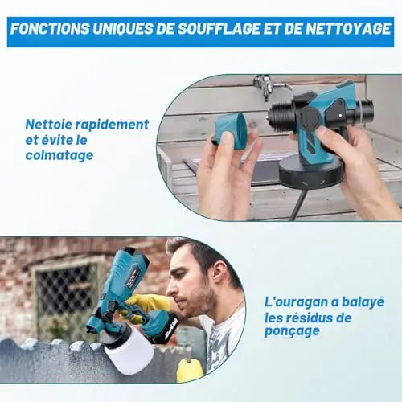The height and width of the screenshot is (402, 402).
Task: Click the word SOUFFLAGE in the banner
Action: click(219, 29)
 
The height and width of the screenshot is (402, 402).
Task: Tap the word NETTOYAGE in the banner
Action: click(348, 29)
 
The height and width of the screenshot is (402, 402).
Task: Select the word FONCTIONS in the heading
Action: click(50, 29)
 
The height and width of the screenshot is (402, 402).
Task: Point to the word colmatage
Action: click(59, 155)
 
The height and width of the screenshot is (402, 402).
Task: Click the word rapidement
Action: click(112, 125)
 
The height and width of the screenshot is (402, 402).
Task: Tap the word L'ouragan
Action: click(296, 302)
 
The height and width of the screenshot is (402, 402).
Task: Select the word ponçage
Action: click(292, 331)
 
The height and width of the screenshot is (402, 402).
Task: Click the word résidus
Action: click(306, 318)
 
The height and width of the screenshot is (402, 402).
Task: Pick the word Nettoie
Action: click(48, 125)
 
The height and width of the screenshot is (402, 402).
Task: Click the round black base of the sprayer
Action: click(311, 175)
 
